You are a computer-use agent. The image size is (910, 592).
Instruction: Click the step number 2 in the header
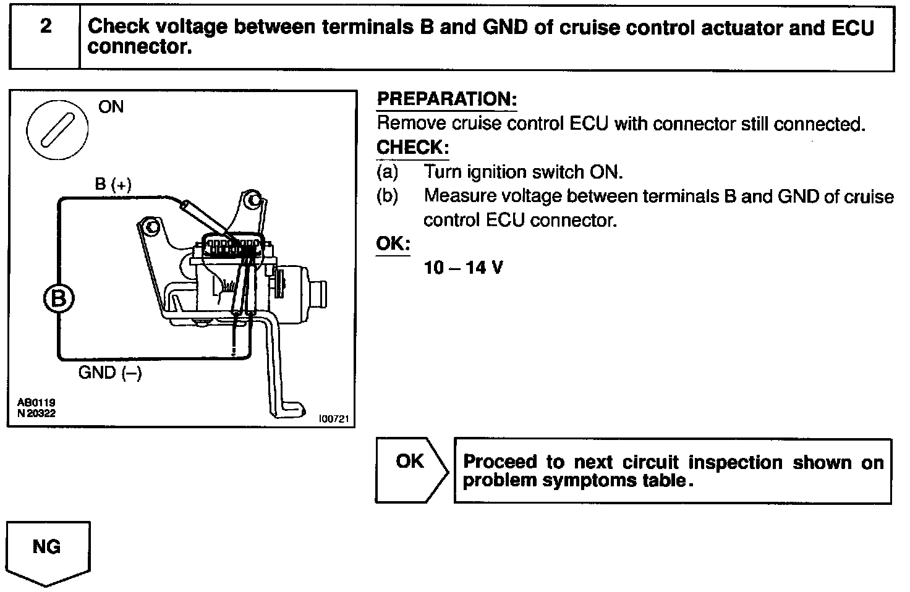coord(46,27)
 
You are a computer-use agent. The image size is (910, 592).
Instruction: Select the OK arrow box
coord(410,470)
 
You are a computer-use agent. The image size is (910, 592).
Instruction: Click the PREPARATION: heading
coord(446,99)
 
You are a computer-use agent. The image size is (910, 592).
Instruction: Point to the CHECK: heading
coord(412,148)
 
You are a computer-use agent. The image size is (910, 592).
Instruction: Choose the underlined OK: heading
coord(393,243)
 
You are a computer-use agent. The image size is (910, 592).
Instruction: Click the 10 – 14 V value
coord(463,268)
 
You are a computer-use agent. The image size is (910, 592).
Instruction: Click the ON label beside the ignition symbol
coord(111,107)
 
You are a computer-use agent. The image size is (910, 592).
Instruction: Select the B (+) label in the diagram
coord(113,184)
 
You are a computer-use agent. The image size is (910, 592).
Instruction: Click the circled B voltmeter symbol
coord(59,299)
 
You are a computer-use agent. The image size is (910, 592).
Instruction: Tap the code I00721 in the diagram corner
coord(334,419)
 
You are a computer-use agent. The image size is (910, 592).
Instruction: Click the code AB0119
coord(36,402)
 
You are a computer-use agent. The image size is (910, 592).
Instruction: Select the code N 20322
coord(36,413)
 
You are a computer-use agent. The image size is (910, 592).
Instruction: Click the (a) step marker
coord(387,172)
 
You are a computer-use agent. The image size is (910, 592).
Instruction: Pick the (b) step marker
coord(387,196)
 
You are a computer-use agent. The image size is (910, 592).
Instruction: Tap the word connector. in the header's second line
coord(140,47)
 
